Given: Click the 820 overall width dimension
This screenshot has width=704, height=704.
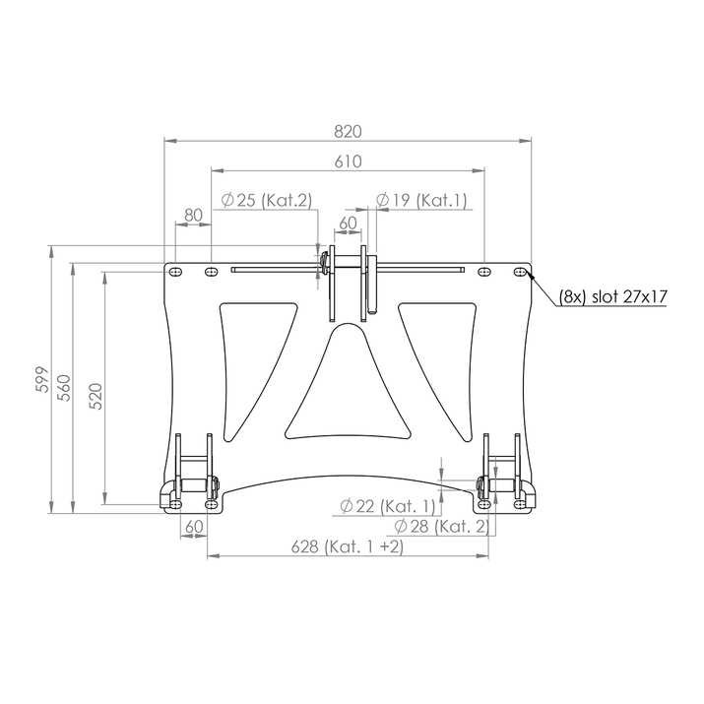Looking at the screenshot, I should [x=348, y=131].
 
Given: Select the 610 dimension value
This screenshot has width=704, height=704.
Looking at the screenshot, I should [x=348, y=161].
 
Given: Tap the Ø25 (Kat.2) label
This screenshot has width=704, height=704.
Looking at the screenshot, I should [x=266, y=200].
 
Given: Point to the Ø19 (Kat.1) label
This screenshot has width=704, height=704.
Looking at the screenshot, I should [x=422, y=200].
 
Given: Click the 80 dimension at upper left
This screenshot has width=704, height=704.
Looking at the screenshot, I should [x=193, y=215].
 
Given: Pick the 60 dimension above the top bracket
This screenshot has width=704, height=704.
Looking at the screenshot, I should [x=349, y=224].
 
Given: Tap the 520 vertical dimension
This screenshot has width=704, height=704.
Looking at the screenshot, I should [x=96, y=394].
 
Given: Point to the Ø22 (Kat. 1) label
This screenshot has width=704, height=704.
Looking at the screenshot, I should [x=388, y=506].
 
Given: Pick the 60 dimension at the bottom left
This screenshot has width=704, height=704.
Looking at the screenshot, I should [x=194, y=527].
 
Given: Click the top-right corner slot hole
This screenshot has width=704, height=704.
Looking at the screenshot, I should [x=521, y=271].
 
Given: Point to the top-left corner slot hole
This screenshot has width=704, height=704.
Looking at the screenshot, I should [x=176, y=271].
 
